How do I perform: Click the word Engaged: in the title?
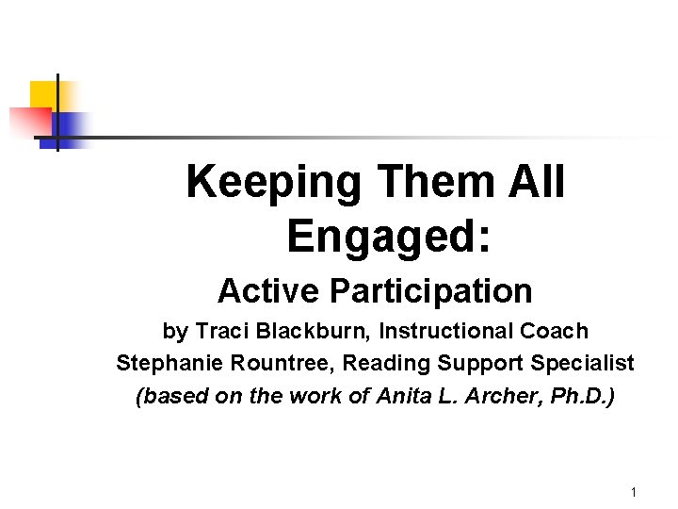(x=388, y=237)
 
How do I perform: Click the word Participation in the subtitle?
(x=430, y=291)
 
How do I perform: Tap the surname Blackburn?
(x=306, y=332)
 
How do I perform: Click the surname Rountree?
(x=268, y=363)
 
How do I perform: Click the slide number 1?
(x=634, y=492)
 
